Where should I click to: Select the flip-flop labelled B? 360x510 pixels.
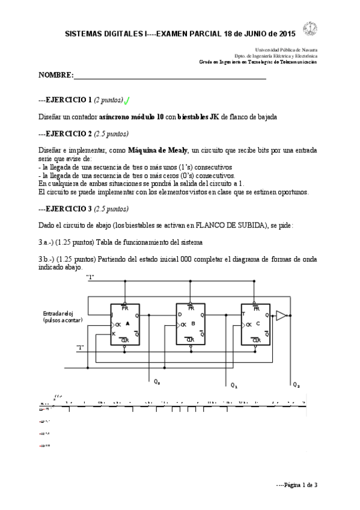pyautogui.click(x=191, y=324)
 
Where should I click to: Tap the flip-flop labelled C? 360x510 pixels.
pyautogui.click(x=255, y=324)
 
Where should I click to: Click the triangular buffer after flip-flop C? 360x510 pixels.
pyautogui.click(x=281, y=315)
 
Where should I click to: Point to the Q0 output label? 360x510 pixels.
pyautogui.click(x=157, y=381)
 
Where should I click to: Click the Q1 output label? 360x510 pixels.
pyautogui.click(x=234, y=384)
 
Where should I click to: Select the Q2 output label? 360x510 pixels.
pyautogui.click(x=296, y=384)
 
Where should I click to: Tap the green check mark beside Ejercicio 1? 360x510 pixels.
pyautogui.click(x=128, y=100)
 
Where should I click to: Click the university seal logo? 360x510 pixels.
pyautogui.click(x=310, y=29)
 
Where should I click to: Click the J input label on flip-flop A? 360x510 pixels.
pyautogui.click(x=113, y=315)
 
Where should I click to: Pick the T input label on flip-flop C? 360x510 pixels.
pyautogui.click(x=243, y=315)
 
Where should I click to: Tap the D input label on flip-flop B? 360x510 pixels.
pyautogui.click(x=178, y=315)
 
